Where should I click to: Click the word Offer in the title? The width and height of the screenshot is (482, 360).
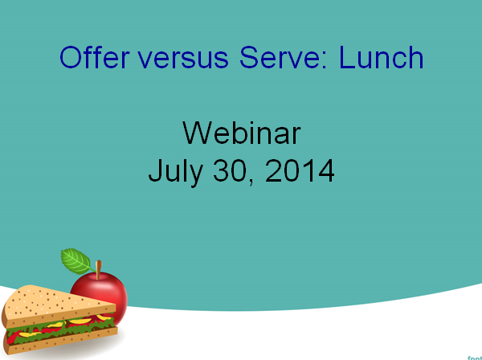point(95,57)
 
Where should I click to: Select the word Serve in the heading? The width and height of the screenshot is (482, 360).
point(279,57)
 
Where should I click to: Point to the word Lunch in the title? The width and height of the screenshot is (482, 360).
point(381,57)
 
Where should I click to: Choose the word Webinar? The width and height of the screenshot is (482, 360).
point(241,133)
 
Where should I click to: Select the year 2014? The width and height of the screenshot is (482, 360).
point(300,170)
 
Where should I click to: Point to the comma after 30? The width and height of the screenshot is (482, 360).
point(252,182)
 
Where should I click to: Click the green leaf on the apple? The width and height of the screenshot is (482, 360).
point(76,262)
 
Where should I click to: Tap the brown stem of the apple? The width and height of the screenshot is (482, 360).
point(98,270)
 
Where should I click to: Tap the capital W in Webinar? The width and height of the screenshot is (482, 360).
point(198,133)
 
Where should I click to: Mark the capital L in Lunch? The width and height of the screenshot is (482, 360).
point(346,57)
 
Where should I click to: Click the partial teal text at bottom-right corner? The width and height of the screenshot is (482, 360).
point(475,358)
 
